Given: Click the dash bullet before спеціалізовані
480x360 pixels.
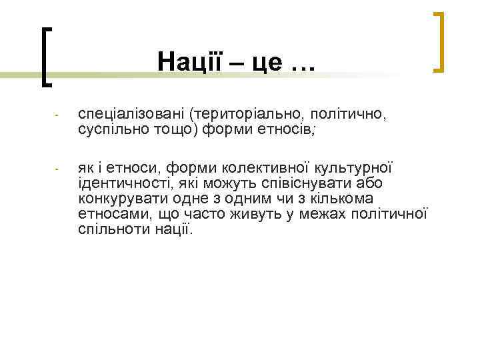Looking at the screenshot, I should click(58, 115).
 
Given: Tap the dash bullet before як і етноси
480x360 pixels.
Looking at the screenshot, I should click(58, 168).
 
